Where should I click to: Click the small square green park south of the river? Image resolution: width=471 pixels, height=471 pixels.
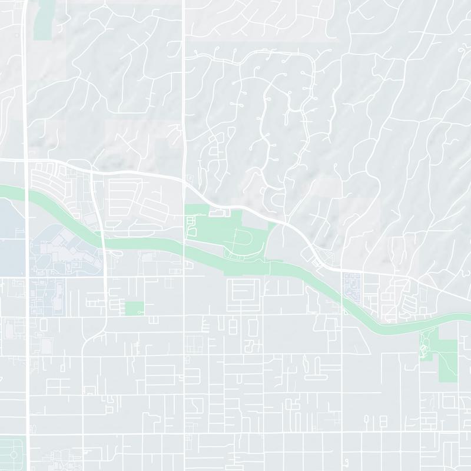tap(134, 308)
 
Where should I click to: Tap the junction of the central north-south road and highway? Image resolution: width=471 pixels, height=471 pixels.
tap(184, 182)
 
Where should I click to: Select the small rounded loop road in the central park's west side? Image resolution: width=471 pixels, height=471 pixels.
tap(191, 226)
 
